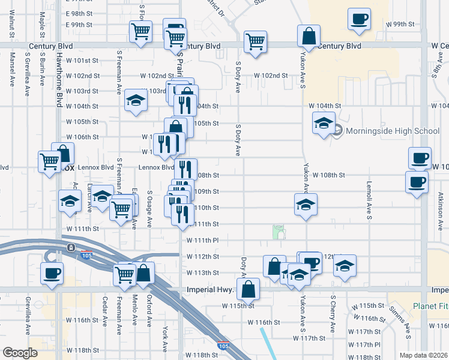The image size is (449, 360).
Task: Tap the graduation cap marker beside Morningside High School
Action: [x=324, y=124]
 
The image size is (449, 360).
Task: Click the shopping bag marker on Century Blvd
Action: [x=309, y=37]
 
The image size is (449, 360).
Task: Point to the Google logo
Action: [x=20, y=352]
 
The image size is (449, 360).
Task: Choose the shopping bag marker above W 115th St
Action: [x=248, y=290]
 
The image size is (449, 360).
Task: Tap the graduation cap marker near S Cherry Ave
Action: [x=345, y=266]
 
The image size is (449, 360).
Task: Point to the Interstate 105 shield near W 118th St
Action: [x=223, y=346]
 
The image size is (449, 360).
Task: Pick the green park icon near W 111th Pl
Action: [x=279, y=231]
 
